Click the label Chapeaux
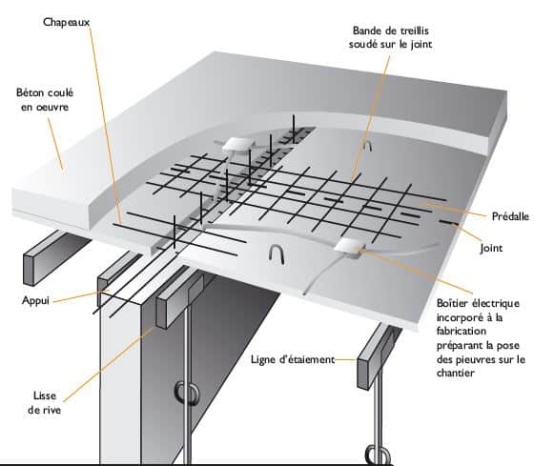click(x=66, y=23)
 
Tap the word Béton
click(x=30, y=92)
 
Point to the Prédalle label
click(x=510, y=216)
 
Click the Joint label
click(x=491, y=248)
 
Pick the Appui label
click(x=35, y=301)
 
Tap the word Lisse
click(x=45, y=395)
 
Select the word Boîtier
click(x=452, y=303)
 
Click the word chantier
click(x=456, y=373)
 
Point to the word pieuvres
click(x=475, y=359)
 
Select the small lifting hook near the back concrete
click(x=367, y=146)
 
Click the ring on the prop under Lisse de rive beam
click(x=186, y=394)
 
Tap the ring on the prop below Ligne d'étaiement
click(x=378, y=455)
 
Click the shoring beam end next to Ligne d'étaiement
click(x=363, y=374)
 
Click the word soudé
click(x=363, y=44)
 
